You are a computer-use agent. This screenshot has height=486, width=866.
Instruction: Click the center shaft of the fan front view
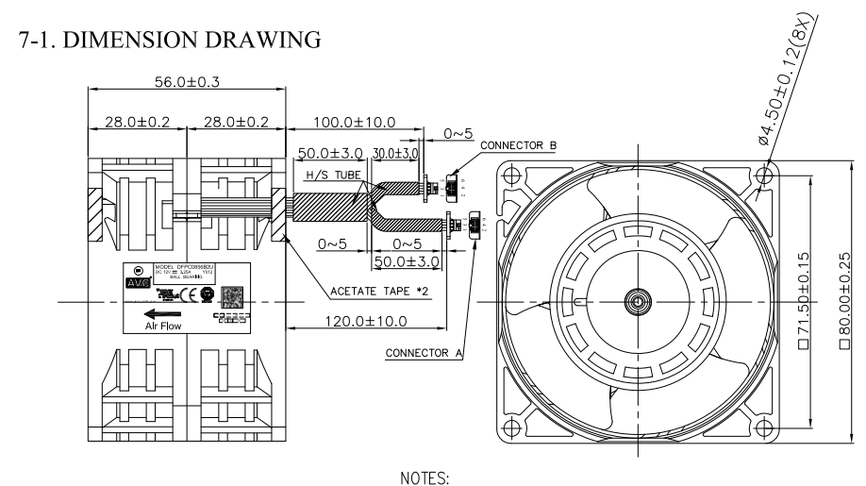pyautogui.click(x=637, y=302)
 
